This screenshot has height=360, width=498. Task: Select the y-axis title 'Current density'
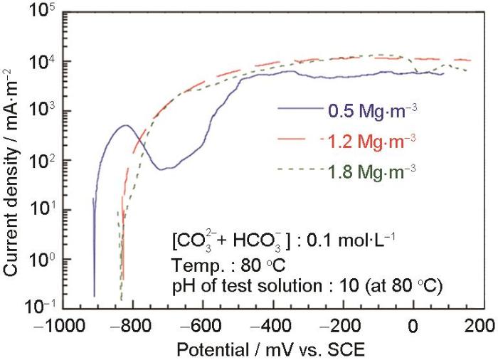14,162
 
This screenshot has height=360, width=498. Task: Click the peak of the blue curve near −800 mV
127,126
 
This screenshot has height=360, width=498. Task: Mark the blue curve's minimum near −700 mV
162,169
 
